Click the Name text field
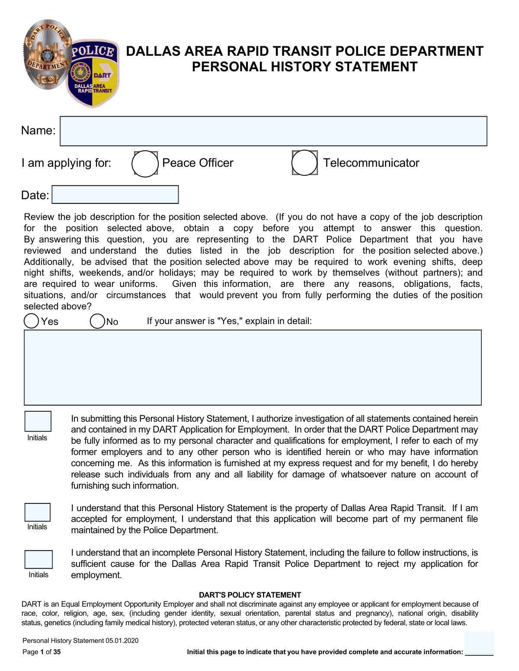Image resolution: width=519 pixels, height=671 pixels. click(273, 131)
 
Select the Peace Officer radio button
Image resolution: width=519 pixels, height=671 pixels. click(145, 163)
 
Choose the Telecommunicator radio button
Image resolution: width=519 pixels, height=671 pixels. click(304, 163)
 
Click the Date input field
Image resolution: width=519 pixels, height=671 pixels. click(115, 194)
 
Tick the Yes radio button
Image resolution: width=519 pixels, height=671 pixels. click(32, 321)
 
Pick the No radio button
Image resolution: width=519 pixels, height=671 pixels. click(97, 321)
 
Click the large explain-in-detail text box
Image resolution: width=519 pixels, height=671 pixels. click(253, 367)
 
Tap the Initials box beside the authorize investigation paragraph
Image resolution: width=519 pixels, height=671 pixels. click(38, 421)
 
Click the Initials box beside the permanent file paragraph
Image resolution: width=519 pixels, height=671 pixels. click(38, 512)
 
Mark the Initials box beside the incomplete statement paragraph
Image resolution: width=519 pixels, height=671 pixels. click(38, 560)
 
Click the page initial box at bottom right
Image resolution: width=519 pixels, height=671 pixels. click(479, 643)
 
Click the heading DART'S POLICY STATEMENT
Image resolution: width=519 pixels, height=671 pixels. click(250, 595)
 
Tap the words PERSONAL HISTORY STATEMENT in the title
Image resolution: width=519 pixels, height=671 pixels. click(304, 67)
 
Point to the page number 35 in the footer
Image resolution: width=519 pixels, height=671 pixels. click(57, 652)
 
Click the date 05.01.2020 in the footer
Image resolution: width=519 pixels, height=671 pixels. click(122, 641)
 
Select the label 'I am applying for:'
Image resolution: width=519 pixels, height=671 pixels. click(66, 163)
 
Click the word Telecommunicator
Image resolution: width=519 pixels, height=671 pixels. click(371, 163)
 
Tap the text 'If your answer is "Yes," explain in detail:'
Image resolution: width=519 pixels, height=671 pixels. click(229, 321)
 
